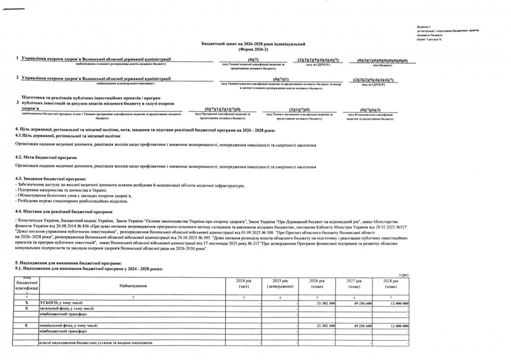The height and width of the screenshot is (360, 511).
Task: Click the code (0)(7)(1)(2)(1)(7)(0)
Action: click(222, 110)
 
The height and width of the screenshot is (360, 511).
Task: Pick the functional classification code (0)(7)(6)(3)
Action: click(370, 110)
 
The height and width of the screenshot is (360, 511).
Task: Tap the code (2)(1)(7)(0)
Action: click(299, 110)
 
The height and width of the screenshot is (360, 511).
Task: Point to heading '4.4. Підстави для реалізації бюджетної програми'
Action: click(63, 211)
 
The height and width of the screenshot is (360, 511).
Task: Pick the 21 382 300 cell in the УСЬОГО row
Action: click(326, 303)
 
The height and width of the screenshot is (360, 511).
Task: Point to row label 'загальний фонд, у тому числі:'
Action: click(66, 308)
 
